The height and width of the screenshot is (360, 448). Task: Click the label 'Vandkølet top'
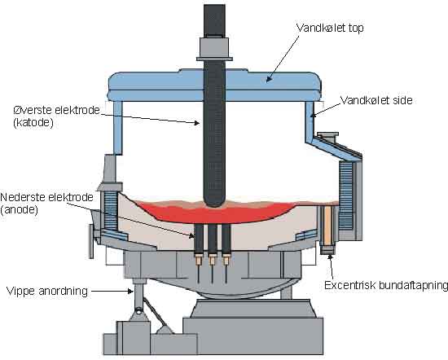(x=330, y=29)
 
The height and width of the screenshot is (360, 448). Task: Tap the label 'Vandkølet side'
(x=376, y=100)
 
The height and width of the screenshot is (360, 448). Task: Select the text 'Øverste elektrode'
(x=56, y=110)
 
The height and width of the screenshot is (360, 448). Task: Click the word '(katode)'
(x=33, y=123)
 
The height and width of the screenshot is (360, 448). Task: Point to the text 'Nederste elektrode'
(x=47, y=197)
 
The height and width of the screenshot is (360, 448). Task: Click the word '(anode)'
(x=20, y=210)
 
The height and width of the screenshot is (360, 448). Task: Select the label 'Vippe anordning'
(x=47, y=291)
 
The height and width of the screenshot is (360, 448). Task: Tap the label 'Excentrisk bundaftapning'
(x=386, y=285)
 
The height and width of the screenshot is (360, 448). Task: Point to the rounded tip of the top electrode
(x=214, y=204)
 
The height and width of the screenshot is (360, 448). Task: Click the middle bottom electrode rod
(x=212, y=239)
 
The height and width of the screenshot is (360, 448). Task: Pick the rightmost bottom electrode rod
(x=226, y=239)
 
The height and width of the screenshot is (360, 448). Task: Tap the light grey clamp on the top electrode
(x=214, y=47)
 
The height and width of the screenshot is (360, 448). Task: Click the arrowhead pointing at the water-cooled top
(x=268, y=79)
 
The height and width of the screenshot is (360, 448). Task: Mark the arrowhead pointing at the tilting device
(x=130, y=291)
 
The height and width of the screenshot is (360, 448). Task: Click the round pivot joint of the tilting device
(x=138, y=310)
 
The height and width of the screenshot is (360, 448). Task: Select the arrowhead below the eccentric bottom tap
(x=330, y=257)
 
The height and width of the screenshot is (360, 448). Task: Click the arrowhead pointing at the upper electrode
(x=196, y=123)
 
